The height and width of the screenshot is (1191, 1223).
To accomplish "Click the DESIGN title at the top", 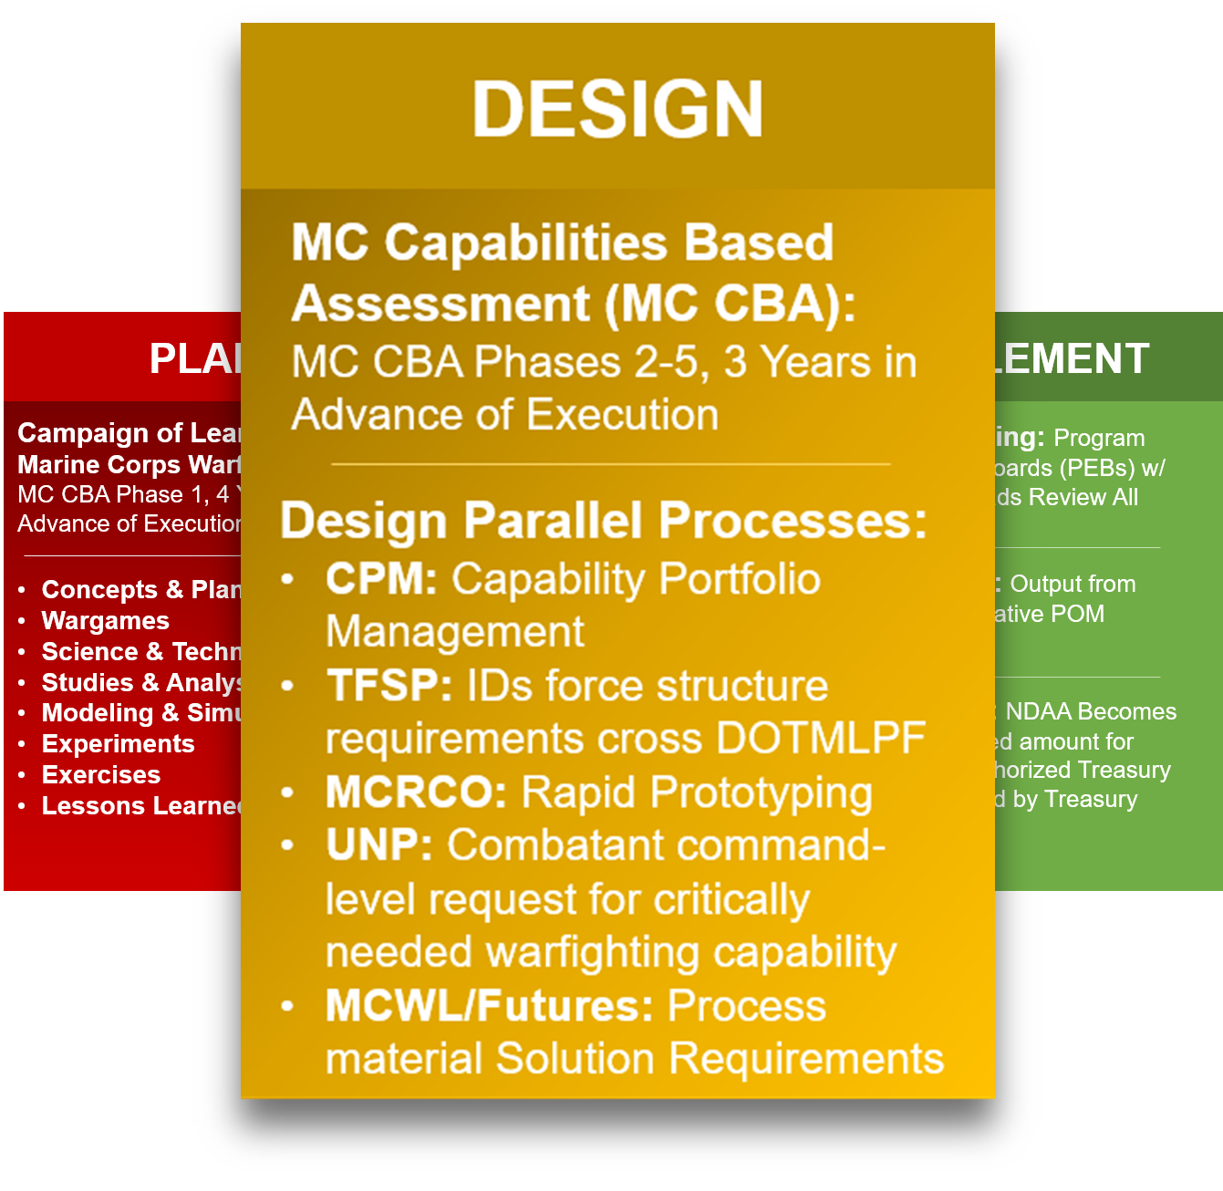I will [617, 109].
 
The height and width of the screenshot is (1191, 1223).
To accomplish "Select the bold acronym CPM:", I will [381, 579].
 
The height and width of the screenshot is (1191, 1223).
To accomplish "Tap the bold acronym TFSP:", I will [389, 686].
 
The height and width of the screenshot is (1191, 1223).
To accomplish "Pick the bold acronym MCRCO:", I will [416, 792].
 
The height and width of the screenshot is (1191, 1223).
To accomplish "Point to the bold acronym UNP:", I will [378, 845].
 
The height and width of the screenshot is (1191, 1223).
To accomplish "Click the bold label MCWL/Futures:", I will [489, 1006].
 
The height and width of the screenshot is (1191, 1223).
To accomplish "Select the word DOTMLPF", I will [821, 739].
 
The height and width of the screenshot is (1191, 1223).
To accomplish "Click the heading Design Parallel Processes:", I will [603, 521].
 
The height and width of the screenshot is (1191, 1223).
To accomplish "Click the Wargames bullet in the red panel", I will [106, 621].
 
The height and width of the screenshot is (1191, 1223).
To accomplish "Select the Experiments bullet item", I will [119, 744].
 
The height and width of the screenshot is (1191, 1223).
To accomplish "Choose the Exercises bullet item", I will [101, 775].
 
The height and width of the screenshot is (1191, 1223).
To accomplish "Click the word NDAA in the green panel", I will [1038, 711].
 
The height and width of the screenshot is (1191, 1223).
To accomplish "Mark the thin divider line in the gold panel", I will [610, 464].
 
